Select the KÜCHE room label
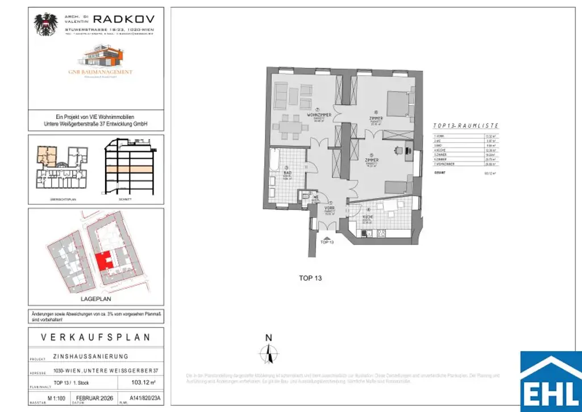[367, 217]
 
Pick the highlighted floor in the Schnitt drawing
[128, 170]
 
